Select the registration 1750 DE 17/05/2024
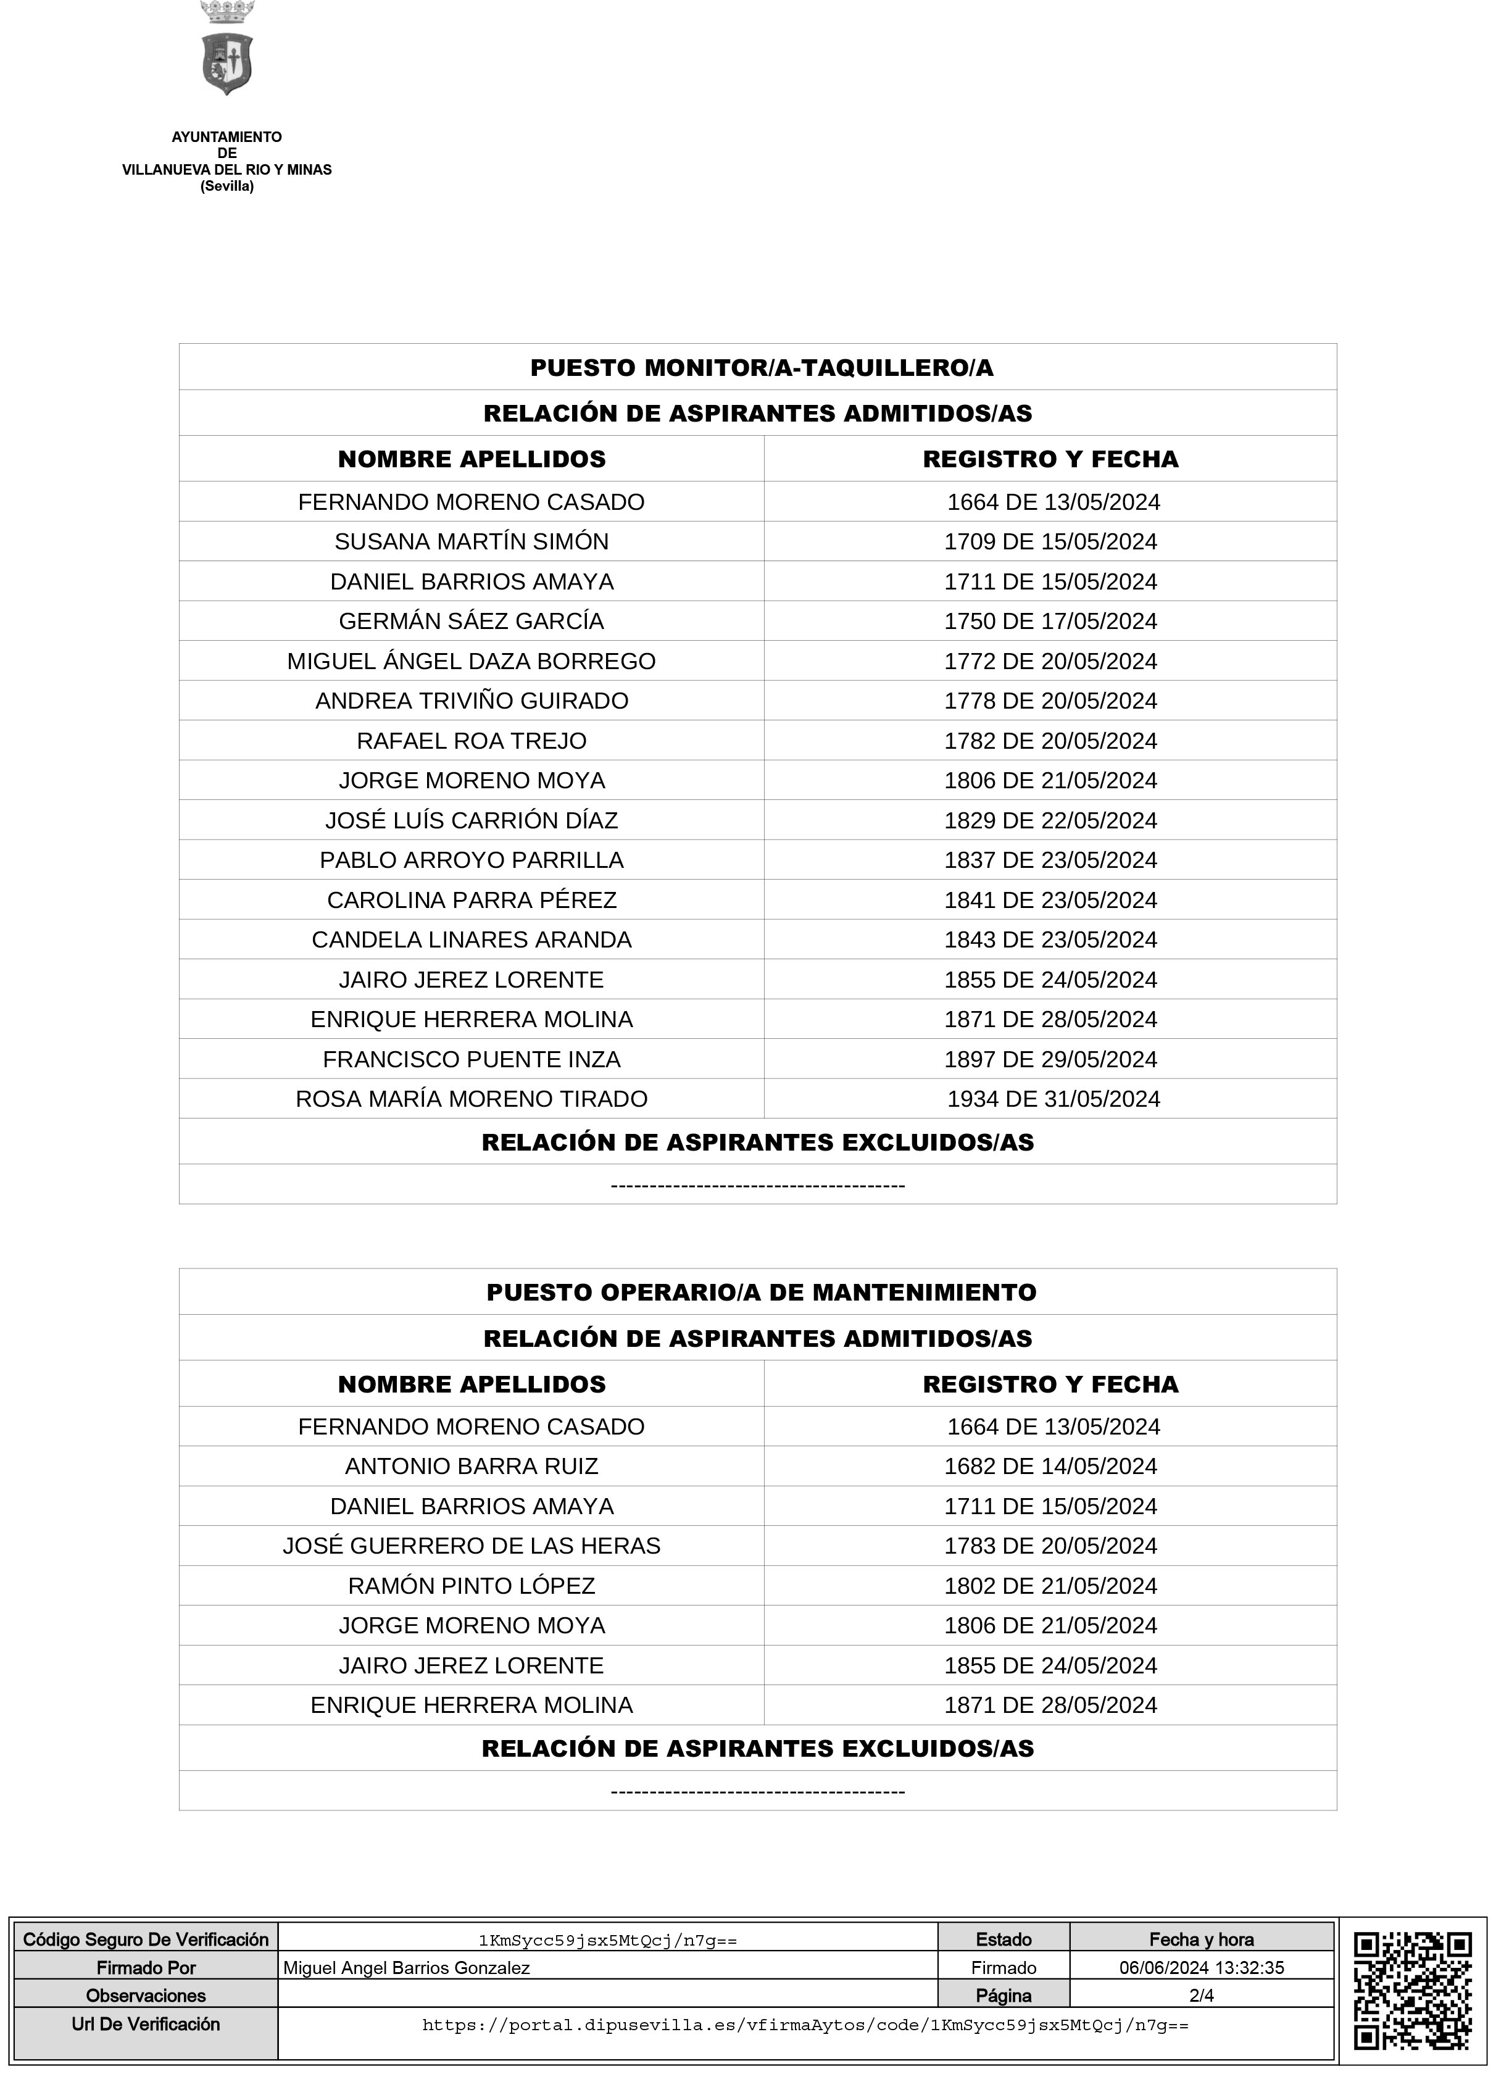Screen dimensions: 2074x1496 point(1050,621)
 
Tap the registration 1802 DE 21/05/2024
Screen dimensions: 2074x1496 point(1050,1586)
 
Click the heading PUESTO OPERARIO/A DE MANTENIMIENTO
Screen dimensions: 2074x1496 point(761,1292)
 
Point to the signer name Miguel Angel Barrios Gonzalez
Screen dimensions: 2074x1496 point(406,1967)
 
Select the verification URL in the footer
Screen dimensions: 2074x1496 point(805,2025)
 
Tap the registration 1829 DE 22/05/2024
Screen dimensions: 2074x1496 point(1050,820)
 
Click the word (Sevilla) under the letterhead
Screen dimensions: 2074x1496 point(226,186)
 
